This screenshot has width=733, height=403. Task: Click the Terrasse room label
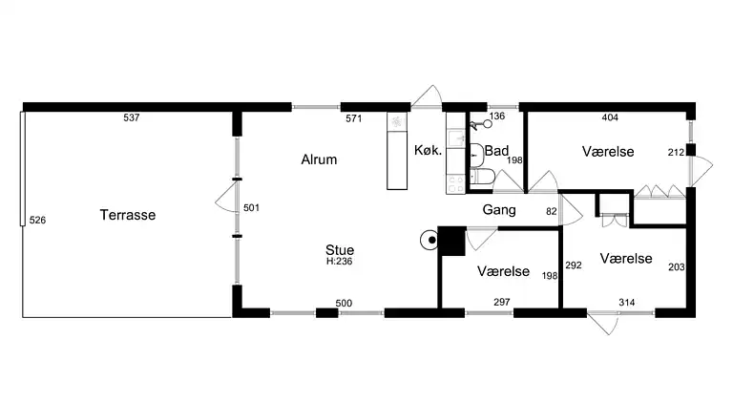(127, 216)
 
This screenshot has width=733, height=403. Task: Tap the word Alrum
(319, 160)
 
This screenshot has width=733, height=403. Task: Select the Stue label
(340, 249)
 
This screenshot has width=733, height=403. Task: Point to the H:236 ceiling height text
(340, 261)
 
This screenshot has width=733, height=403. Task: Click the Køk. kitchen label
(427, 151)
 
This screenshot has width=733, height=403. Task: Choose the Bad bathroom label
(496, 151)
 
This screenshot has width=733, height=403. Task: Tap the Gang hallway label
(499, 209)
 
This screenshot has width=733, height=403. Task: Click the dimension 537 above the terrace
(132, 118)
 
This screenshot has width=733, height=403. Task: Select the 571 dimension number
(354, 118)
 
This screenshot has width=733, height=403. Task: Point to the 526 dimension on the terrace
(37, 221)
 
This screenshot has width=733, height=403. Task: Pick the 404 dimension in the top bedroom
(610, 118)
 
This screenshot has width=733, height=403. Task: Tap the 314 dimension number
(626, 303)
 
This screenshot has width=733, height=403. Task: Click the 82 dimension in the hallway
(551, 211)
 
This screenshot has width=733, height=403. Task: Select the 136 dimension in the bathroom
(496, 117)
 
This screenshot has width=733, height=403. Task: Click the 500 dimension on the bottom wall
(344, 303)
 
